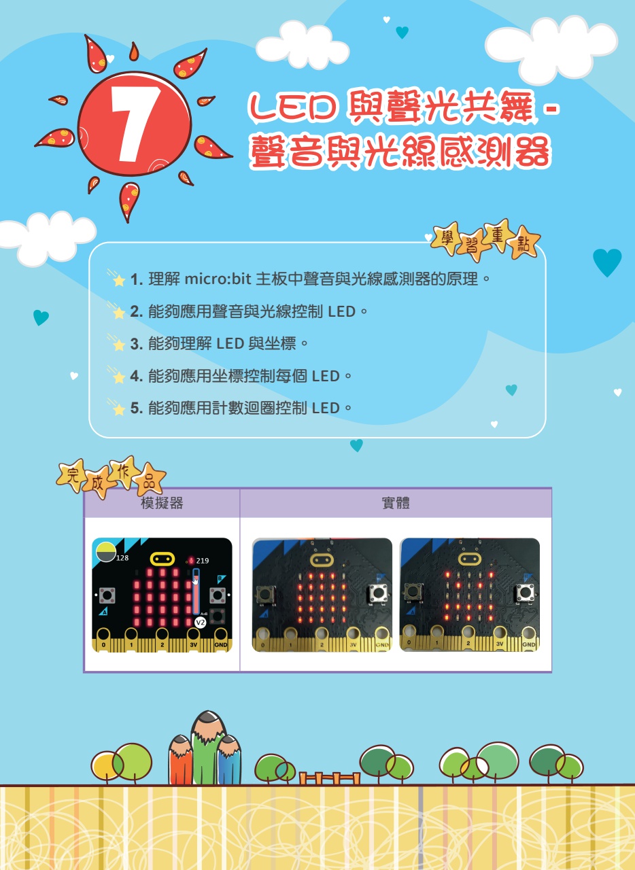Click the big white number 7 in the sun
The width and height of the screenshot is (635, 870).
tap(134, 124)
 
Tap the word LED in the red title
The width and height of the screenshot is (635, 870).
tap(292, 107)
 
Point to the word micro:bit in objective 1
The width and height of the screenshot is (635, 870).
tap(218, 279)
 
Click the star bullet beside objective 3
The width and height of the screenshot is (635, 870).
tap(118, 345)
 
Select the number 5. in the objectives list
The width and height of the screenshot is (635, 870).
tap(137, 408)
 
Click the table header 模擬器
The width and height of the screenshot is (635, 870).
tap(162, 503)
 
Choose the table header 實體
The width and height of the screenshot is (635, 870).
tap(396, 503)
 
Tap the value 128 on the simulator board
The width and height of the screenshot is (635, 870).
tap(122, 558)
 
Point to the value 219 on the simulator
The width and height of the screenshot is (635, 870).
tap(203, 561)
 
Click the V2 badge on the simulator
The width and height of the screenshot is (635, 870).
tap(200, 623)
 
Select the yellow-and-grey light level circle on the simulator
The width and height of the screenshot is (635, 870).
tap(105, 552)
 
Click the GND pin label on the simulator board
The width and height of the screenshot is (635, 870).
tap(221, 645)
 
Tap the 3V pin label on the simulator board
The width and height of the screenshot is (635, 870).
tap(194, 645)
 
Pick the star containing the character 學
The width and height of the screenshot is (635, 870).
tap(447, 238)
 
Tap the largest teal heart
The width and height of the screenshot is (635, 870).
tap(607, 262)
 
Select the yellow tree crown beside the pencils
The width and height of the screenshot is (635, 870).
tap(105, 766)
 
